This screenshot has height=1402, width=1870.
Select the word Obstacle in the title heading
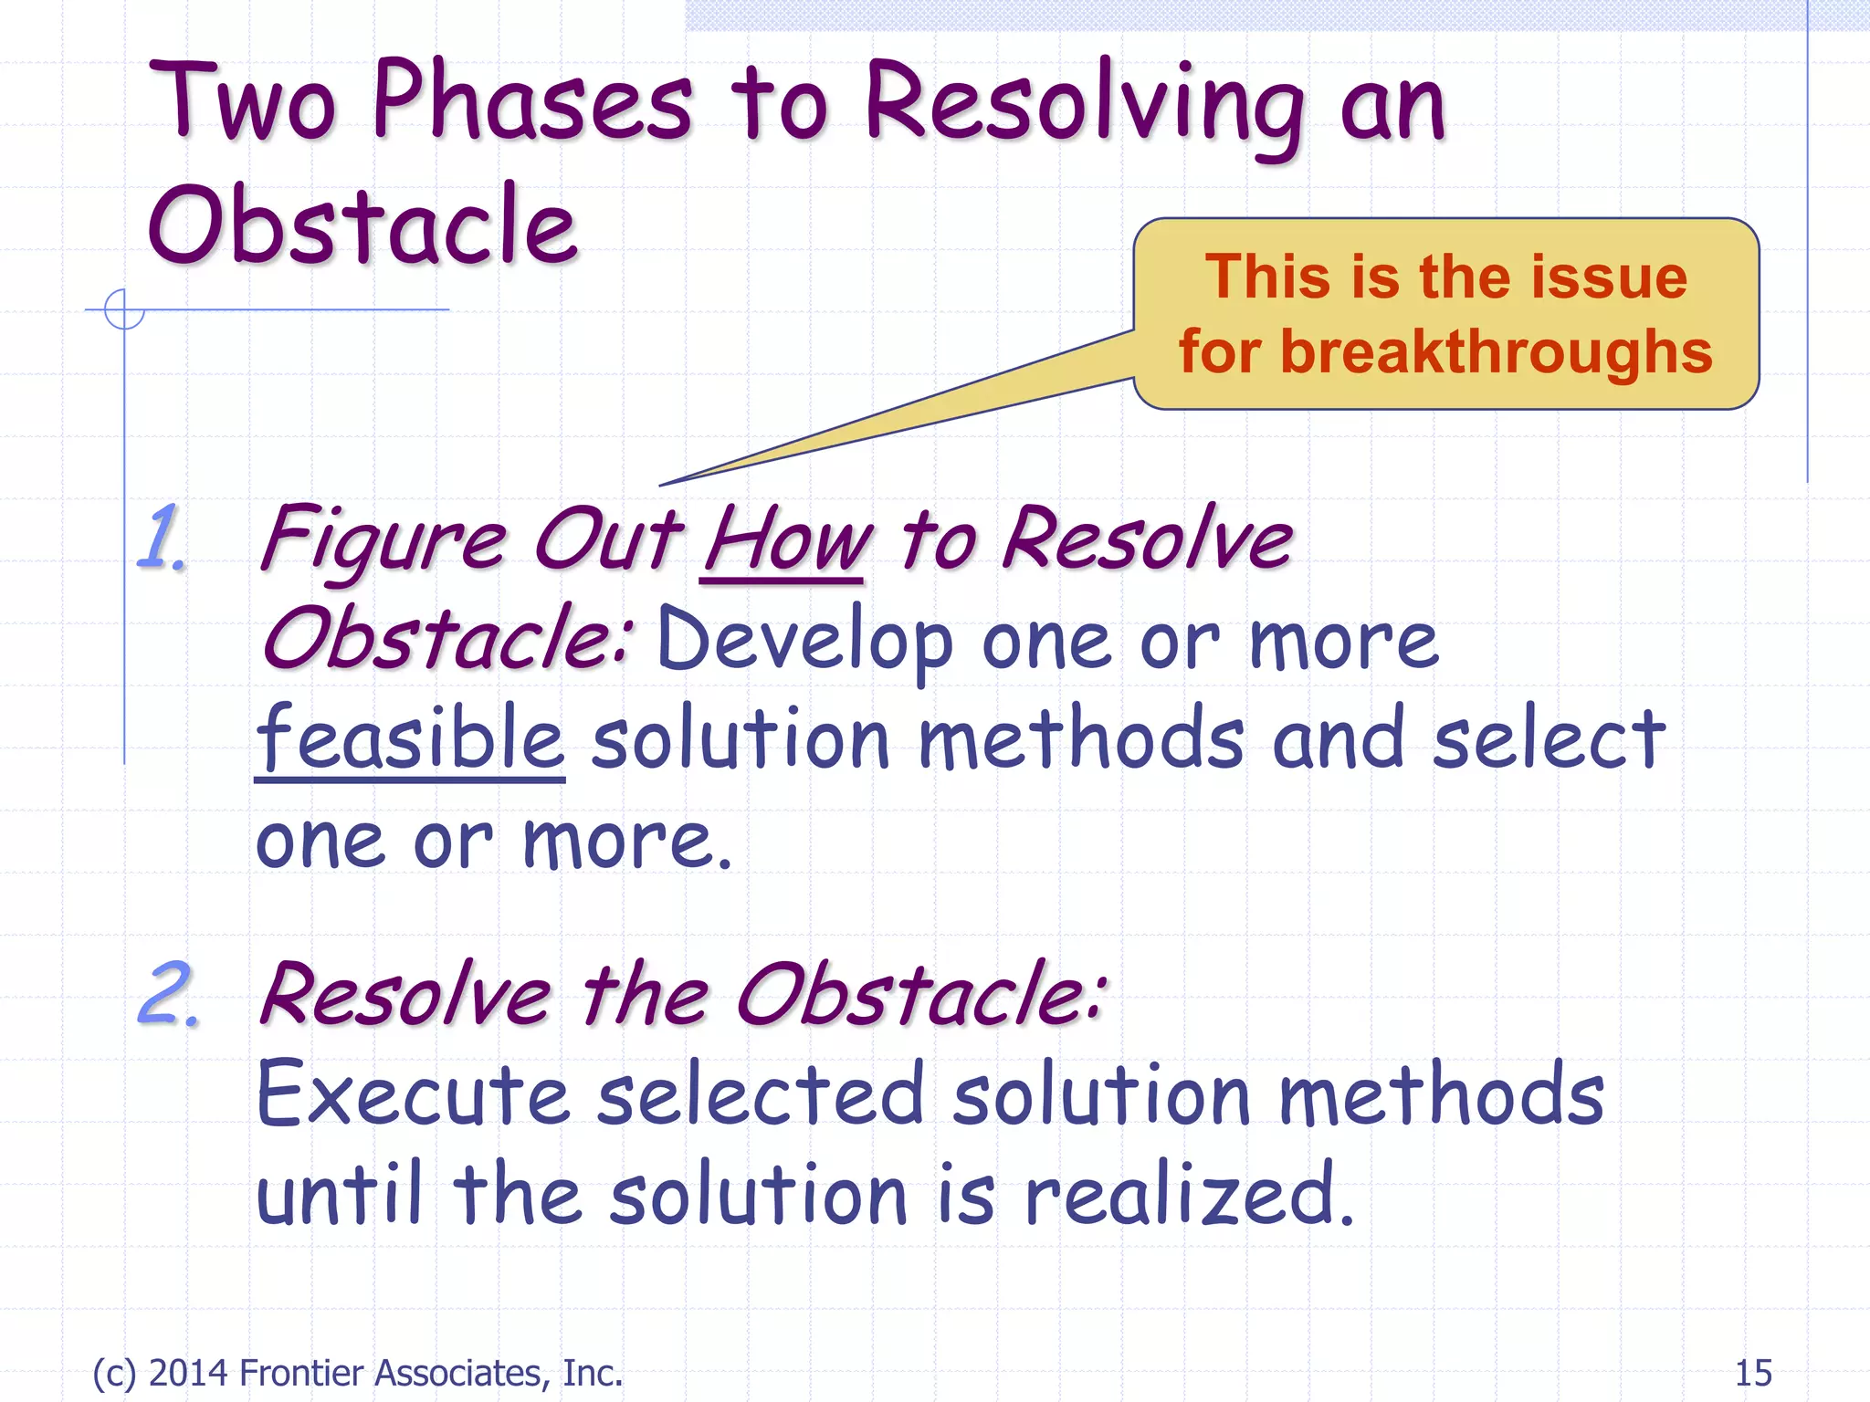click(x=362, y=225)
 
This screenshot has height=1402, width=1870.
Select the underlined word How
click(x=784, y=540)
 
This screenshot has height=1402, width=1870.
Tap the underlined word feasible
click(x=410, y=739)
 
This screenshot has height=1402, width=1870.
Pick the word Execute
click(x=413, y=1095)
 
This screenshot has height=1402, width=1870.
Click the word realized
click(x=1187, y=1196)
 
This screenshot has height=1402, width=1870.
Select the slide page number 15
click(x=1752, y=1373)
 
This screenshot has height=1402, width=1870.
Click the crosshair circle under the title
click(x=124, y=309)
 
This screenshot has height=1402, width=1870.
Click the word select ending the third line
click(x=1549, y=739)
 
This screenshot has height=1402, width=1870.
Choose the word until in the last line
click(x=340, y=1196)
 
